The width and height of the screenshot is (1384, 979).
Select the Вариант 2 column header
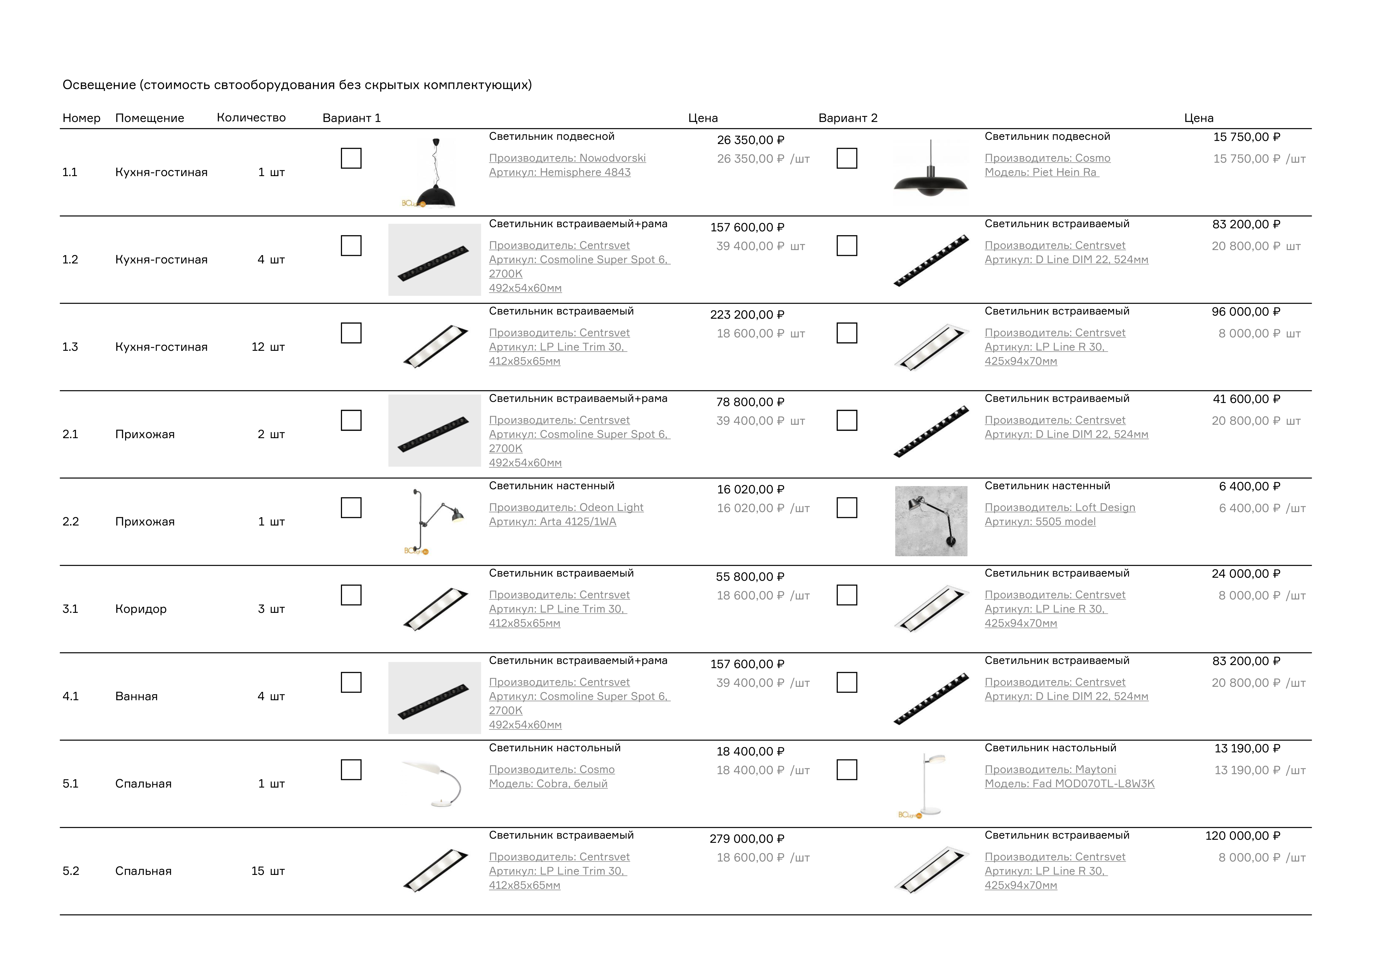tap(848, 118)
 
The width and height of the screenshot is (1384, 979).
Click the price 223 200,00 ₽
tap(747, 315)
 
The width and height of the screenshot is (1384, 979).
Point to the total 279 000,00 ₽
tap(747, 839)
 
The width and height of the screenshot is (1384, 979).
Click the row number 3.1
tap(71, 609)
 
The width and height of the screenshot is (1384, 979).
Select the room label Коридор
tap(140, 609)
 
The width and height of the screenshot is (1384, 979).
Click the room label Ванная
tap(136, 696)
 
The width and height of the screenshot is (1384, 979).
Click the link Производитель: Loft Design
tap(1060, 508)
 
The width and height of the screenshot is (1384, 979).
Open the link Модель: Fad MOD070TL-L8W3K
tap(1069, 784)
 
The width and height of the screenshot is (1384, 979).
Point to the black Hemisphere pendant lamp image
tap(435, 175)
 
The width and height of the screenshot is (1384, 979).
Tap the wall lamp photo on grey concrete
tap(931, 521)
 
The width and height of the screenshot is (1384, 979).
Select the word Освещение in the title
tap(99, 85)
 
